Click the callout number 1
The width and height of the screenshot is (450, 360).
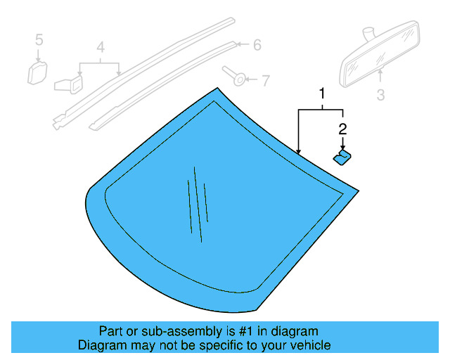[x=323, y=94]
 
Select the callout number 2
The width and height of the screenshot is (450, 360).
[x=342, y=129]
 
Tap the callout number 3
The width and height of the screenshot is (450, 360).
[x=380, y=94]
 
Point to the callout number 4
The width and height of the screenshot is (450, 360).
[x=101, y=48]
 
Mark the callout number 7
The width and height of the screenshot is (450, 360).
[x=264, y=81]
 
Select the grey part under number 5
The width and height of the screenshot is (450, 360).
[x=37, y=72]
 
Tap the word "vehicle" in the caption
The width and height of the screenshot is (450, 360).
[x=310, y=345]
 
